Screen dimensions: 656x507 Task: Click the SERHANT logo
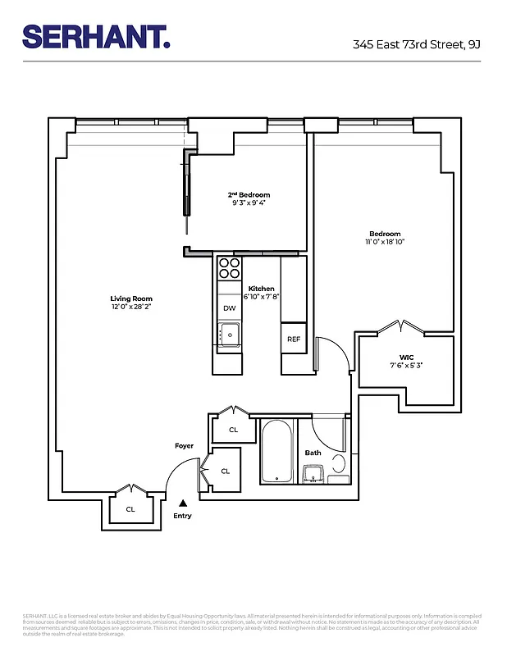tap(96, 36)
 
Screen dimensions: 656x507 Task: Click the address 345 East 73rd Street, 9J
tap(416, 45)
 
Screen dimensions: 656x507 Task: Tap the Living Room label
tap(131, 298)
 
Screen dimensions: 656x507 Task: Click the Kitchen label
tap(261, 289)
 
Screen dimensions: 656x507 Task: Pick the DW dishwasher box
tap(230, 308)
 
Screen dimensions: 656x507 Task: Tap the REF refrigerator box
tap(293, 339)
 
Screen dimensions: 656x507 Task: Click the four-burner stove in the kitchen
tap(230, 270)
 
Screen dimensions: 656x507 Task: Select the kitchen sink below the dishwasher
tap(230, 334)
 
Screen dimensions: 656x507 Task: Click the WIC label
tap(406, 357)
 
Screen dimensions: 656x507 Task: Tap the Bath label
tap(313, 453)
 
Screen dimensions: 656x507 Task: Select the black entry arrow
tap(184, 502)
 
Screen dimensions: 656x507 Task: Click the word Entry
tap(182, 516)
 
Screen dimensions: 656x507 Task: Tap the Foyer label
tap(184, 446)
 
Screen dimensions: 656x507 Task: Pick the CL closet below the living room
tap(130, 509)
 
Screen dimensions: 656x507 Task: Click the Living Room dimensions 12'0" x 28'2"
tap(131, 307)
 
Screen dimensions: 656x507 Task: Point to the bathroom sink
tap(312, 473)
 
